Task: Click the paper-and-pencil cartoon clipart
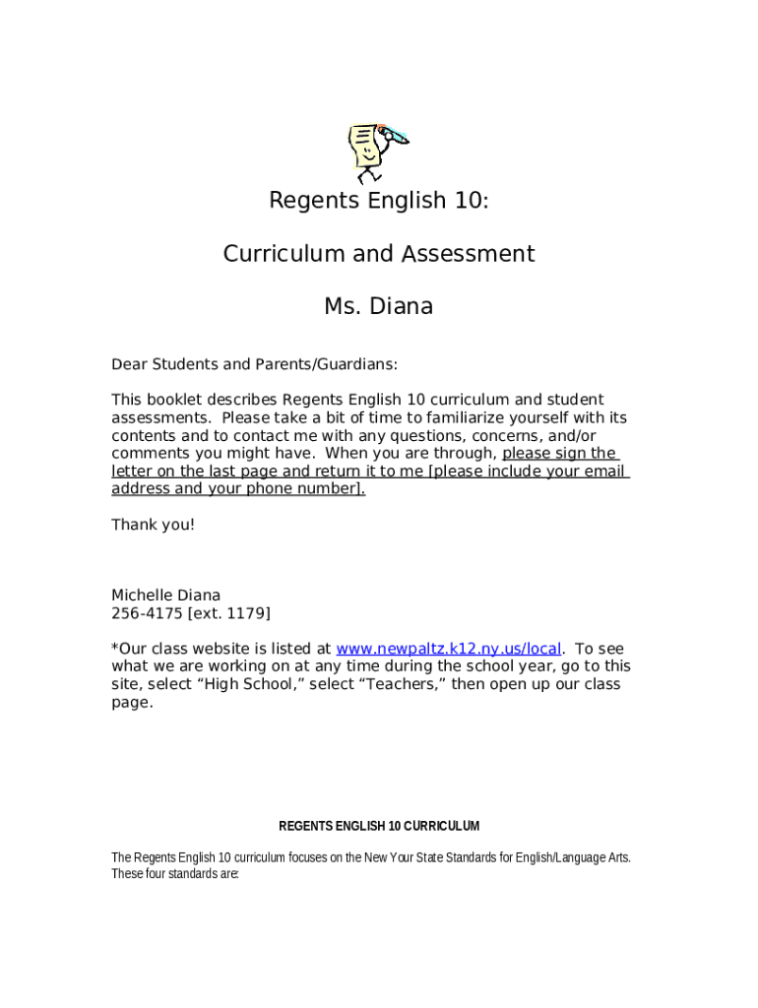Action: (377, 152)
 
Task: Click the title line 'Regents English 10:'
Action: (379, 201)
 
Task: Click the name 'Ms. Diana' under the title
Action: (379, 307)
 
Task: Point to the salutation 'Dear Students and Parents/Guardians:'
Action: (254, 364)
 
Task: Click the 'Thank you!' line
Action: (153, 525)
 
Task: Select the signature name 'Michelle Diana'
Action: (165, 595)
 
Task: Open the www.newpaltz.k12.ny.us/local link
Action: (449, 649)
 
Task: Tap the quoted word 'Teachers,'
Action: (407, 684)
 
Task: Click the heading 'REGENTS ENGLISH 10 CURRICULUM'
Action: (379, 826)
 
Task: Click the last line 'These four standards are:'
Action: (175, 873)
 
